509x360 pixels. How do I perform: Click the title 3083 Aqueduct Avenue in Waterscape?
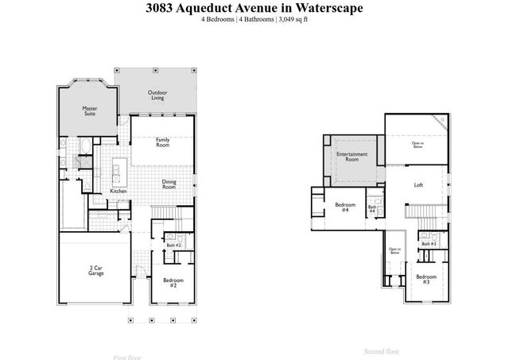pos(254,9)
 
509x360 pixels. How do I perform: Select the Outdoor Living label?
pos(157,95)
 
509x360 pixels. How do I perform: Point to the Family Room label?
pos(162,143)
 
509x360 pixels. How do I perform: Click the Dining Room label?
pos(169,184)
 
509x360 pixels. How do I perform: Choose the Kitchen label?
pos(118,192)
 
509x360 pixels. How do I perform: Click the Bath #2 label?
pos(173,246)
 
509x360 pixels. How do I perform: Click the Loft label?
pos(418,185)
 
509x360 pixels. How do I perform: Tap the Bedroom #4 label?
pos(344,207)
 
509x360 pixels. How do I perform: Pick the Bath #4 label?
pos(371,210)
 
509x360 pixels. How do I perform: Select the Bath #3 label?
pos(429,243)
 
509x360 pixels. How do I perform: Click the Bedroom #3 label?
pos(422,279)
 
